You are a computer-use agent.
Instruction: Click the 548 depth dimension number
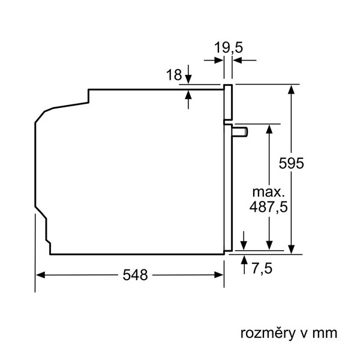(x=135, y=275)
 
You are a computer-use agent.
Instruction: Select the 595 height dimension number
(x=291, y=163)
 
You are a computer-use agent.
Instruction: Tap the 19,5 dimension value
(x=228, y=47)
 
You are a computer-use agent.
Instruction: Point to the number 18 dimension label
(x=174, y=74)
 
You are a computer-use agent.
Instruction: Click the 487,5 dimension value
(x=268, y=206)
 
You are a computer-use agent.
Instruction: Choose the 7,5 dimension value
(x=262, y=268)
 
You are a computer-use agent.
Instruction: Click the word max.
(x=268, y=192)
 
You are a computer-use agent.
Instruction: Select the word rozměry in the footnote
(x=268, y=334)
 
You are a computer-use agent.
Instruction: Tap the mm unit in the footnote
(x=325, y=334)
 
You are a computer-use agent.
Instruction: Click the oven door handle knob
(x=240, y=132)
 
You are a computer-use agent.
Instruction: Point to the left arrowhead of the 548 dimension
(x=40, y=275)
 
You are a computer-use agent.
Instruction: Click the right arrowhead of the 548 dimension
(x=218, y=275)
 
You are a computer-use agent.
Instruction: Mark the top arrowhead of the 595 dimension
(x=291, y=89)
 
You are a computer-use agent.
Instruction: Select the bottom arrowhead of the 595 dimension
(x=291, y=250)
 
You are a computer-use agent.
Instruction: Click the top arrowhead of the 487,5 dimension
(x=269, y=129)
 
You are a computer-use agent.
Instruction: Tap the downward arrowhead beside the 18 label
(x=188, y=79)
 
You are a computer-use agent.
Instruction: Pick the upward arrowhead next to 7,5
(x=244, y=260)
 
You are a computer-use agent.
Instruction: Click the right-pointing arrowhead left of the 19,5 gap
(x=219, y=61)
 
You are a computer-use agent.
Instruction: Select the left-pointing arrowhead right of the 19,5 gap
(x=237, y=61)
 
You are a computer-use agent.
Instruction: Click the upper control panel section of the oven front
(x=228, y=102)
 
